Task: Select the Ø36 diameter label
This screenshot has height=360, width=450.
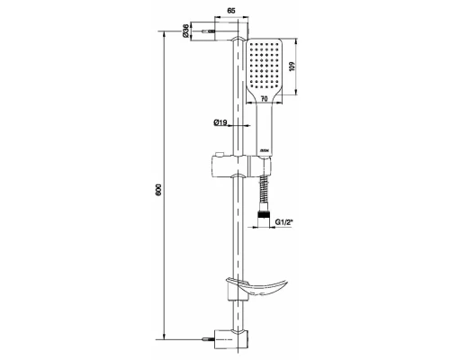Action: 186,33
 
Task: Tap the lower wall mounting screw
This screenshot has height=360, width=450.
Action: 208,340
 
